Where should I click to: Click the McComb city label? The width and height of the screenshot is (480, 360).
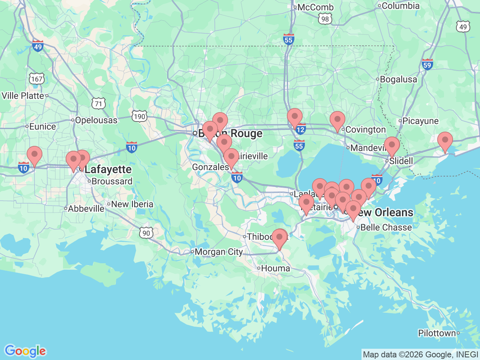(x=315, y=7)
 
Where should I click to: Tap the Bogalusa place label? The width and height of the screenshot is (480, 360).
(x=398, y=79)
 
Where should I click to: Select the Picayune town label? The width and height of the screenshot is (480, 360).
(x=420, y=121)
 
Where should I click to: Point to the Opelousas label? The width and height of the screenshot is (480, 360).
(x=96, y=120)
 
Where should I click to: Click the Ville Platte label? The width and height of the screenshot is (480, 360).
(x=23, y=96)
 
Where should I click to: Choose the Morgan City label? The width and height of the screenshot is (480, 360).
(x=219, y=252)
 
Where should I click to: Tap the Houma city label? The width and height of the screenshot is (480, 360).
(x=275, y=268)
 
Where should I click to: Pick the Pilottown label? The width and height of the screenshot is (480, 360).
(x=437, y=333)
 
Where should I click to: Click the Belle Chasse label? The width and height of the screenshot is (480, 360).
(x=386, y=228)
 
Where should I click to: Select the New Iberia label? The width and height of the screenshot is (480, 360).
(x=132, y=204)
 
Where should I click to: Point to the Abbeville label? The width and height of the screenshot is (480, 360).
(x=86, y=209)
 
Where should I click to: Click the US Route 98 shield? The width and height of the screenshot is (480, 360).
(x=325, y=19)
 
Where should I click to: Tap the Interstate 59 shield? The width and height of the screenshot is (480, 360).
(x=427, y=64)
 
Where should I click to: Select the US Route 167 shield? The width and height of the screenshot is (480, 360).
(x=37, y=79)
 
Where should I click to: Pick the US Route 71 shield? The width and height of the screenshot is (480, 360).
(x=98, y=104)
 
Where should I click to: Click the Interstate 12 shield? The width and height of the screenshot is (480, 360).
(x=300, y=130)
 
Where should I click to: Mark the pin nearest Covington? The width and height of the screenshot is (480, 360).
(x=337, y=120)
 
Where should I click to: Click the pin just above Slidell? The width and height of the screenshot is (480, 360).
(x=392, y=145)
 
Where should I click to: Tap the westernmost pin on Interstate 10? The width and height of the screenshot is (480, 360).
(x=34, y=155)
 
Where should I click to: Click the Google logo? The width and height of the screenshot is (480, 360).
(x=25, y=351)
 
